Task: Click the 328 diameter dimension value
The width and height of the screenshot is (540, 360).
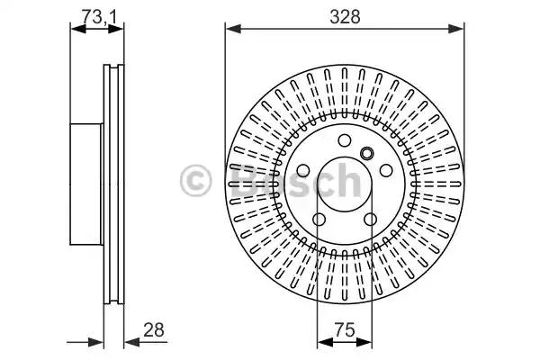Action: point(345,16)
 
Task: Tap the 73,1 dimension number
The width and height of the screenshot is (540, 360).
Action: point(98,16)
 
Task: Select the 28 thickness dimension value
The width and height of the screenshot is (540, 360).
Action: point(154,329)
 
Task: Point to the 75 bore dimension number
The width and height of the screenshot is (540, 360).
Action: point(345,329)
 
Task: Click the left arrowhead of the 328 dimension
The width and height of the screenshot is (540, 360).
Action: point(233,30)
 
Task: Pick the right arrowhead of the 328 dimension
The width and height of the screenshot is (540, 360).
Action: point(456,30)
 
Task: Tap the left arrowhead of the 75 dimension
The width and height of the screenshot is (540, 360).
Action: point(325,342)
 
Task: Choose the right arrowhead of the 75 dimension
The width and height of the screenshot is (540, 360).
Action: point(364,342)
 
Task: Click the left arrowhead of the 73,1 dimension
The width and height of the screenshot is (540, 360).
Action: point(78,30)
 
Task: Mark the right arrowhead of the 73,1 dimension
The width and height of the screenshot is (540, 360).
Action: point(116,30)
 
